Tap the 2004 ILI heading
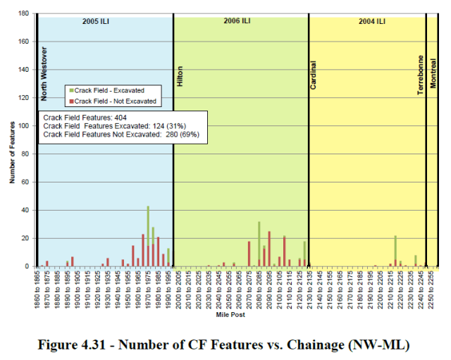coord(371,21)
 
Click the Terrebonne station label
coord(421,75)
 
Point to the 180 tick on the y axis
coord(24,13)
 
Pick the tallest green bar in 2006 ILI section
coord(259,244)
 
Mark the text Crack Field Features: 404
coord(84,117)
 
